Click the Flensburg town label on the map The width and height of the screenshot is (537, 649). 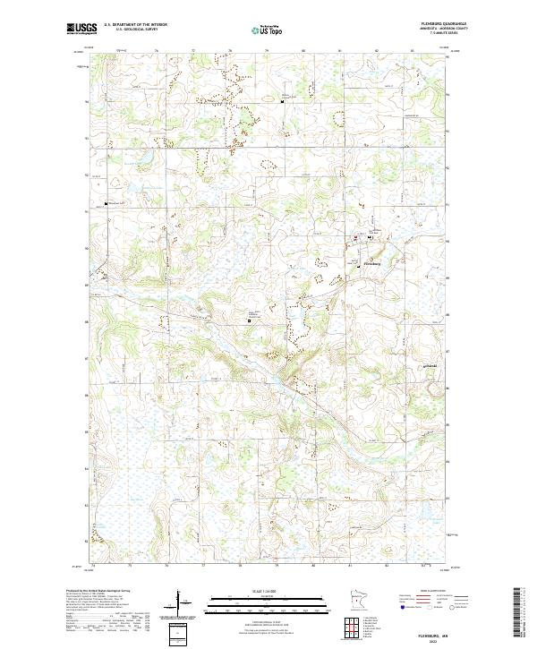(x=373, y=264)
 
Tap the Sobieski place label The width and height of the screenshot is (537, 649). (x=429, y=366)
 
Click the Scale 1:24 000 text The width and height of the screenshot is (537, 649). (x=254, y=592)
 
